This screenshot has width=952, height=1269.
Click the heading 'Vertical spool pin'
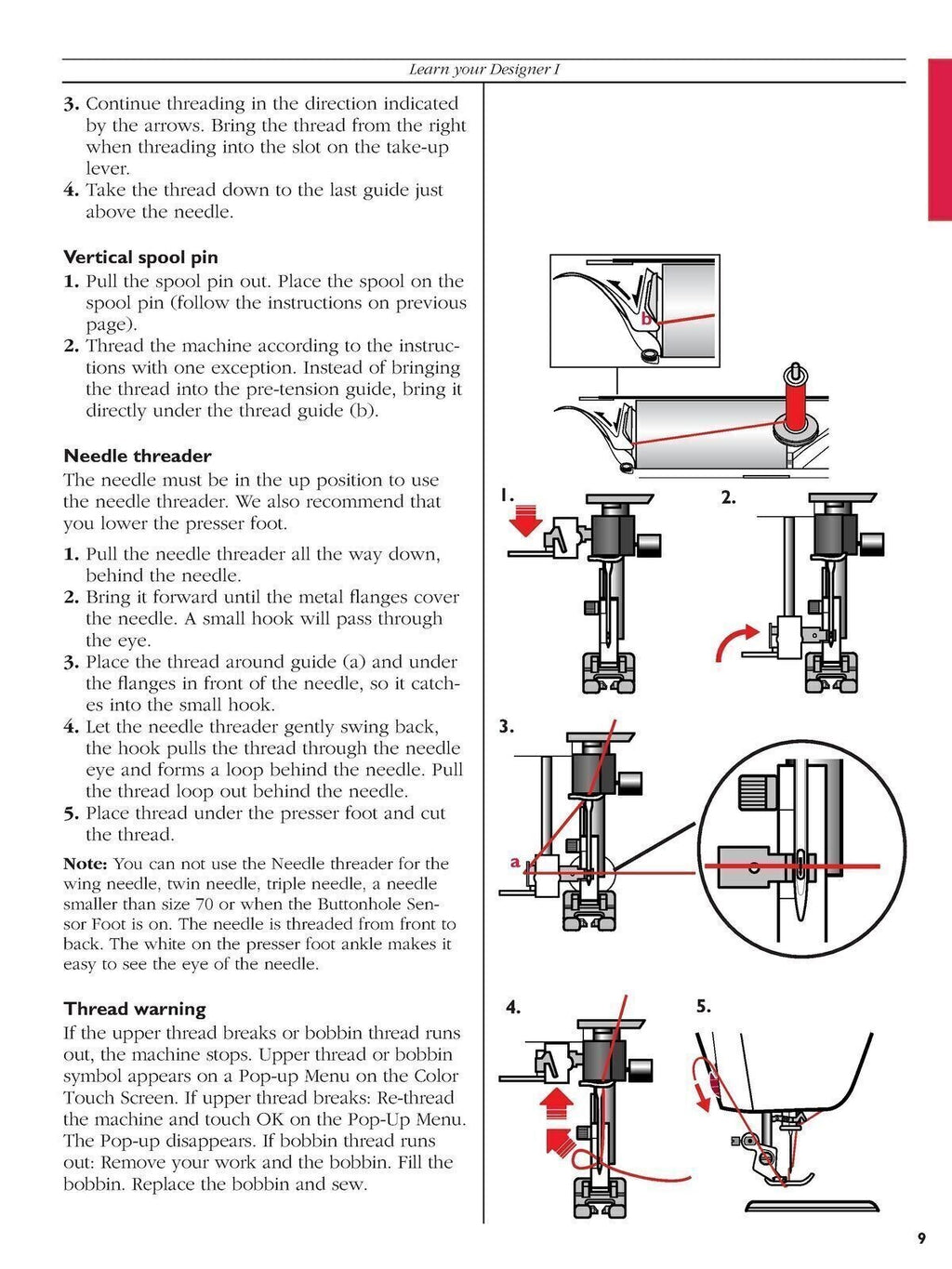[140, 258]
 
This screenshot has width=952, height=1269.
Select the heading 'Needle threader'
[137, 456]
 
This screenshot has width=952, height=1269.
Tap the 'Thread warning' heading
[134, 1009]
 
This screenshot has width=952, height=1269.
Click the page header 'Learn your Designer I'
[483, 70]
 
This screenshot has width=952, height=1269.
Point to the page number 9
[921, 1238]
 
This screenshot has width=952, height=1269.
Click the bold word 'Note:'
[86, 864]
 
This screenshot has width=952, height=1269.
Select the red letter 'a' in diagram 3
[515, 862]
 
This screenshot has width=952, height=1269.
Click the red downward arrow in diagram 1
[526, 520]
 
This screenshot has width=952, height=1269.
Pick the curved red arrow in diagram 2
[734, 642]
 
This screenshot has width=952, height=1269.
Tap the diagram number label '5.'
[704, 1006]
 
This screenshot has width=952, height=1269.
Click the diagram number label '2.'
[728, 497]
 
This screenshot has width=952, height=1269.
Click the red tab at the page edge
[939, 139]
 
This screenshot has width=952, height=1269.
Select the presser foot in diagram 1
[606, 673]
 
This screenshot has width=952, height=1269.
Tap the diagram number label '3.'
[506, 727]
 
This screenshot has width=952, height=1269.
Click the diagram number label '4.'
[512, 1007]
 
